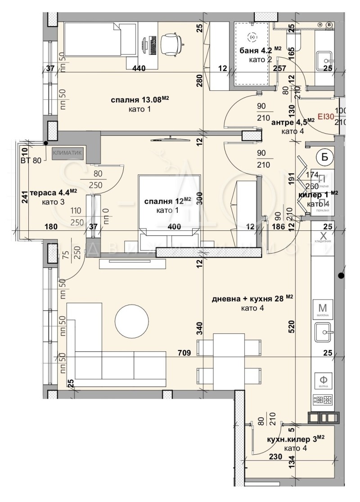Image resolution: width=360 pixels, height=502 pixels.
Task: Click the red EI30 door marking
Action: (x=325, y=116)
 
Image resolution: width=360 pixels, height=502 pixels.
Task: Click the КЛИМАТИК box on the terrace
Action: (x=67, y=153)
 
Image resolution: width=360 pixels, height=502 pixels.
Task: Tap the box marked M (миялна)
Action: (x=322, y=309)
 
